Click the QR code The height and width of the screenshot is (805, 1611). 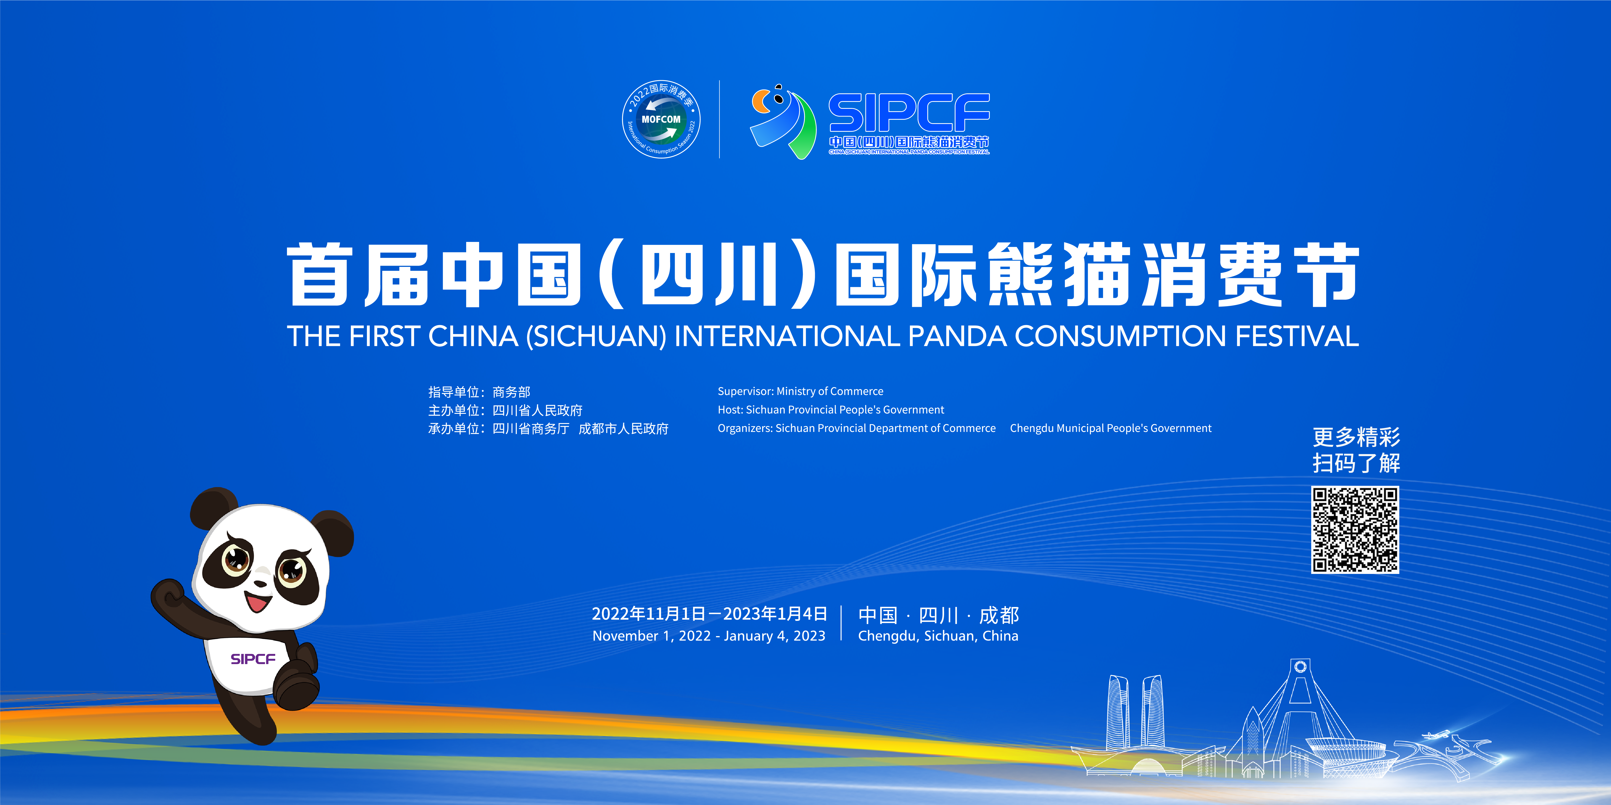[1355, 529]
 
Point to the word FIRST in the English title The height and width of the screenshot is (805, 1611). [384, 336]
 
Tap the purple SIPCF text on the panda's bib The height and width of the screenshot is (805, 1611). [253, 659]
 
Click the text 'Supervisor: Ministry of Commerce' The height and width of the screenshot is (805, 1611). [801, 391]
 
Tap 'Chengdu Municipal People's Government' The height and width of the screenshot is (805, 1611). [1111, 428]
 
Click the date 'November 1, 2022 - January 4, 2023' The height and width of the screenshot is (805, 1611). [708, 636]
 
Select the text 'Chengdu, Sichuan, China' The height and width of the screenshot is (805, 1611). [938, 636]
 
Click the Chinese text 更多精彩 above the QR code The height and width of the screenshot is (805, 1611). [1356, 437]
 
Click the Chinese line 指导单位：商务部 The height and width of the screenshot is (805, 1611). [479, 392]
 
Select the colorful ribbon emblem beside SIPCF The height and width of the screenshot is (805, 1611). [783, 121]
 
